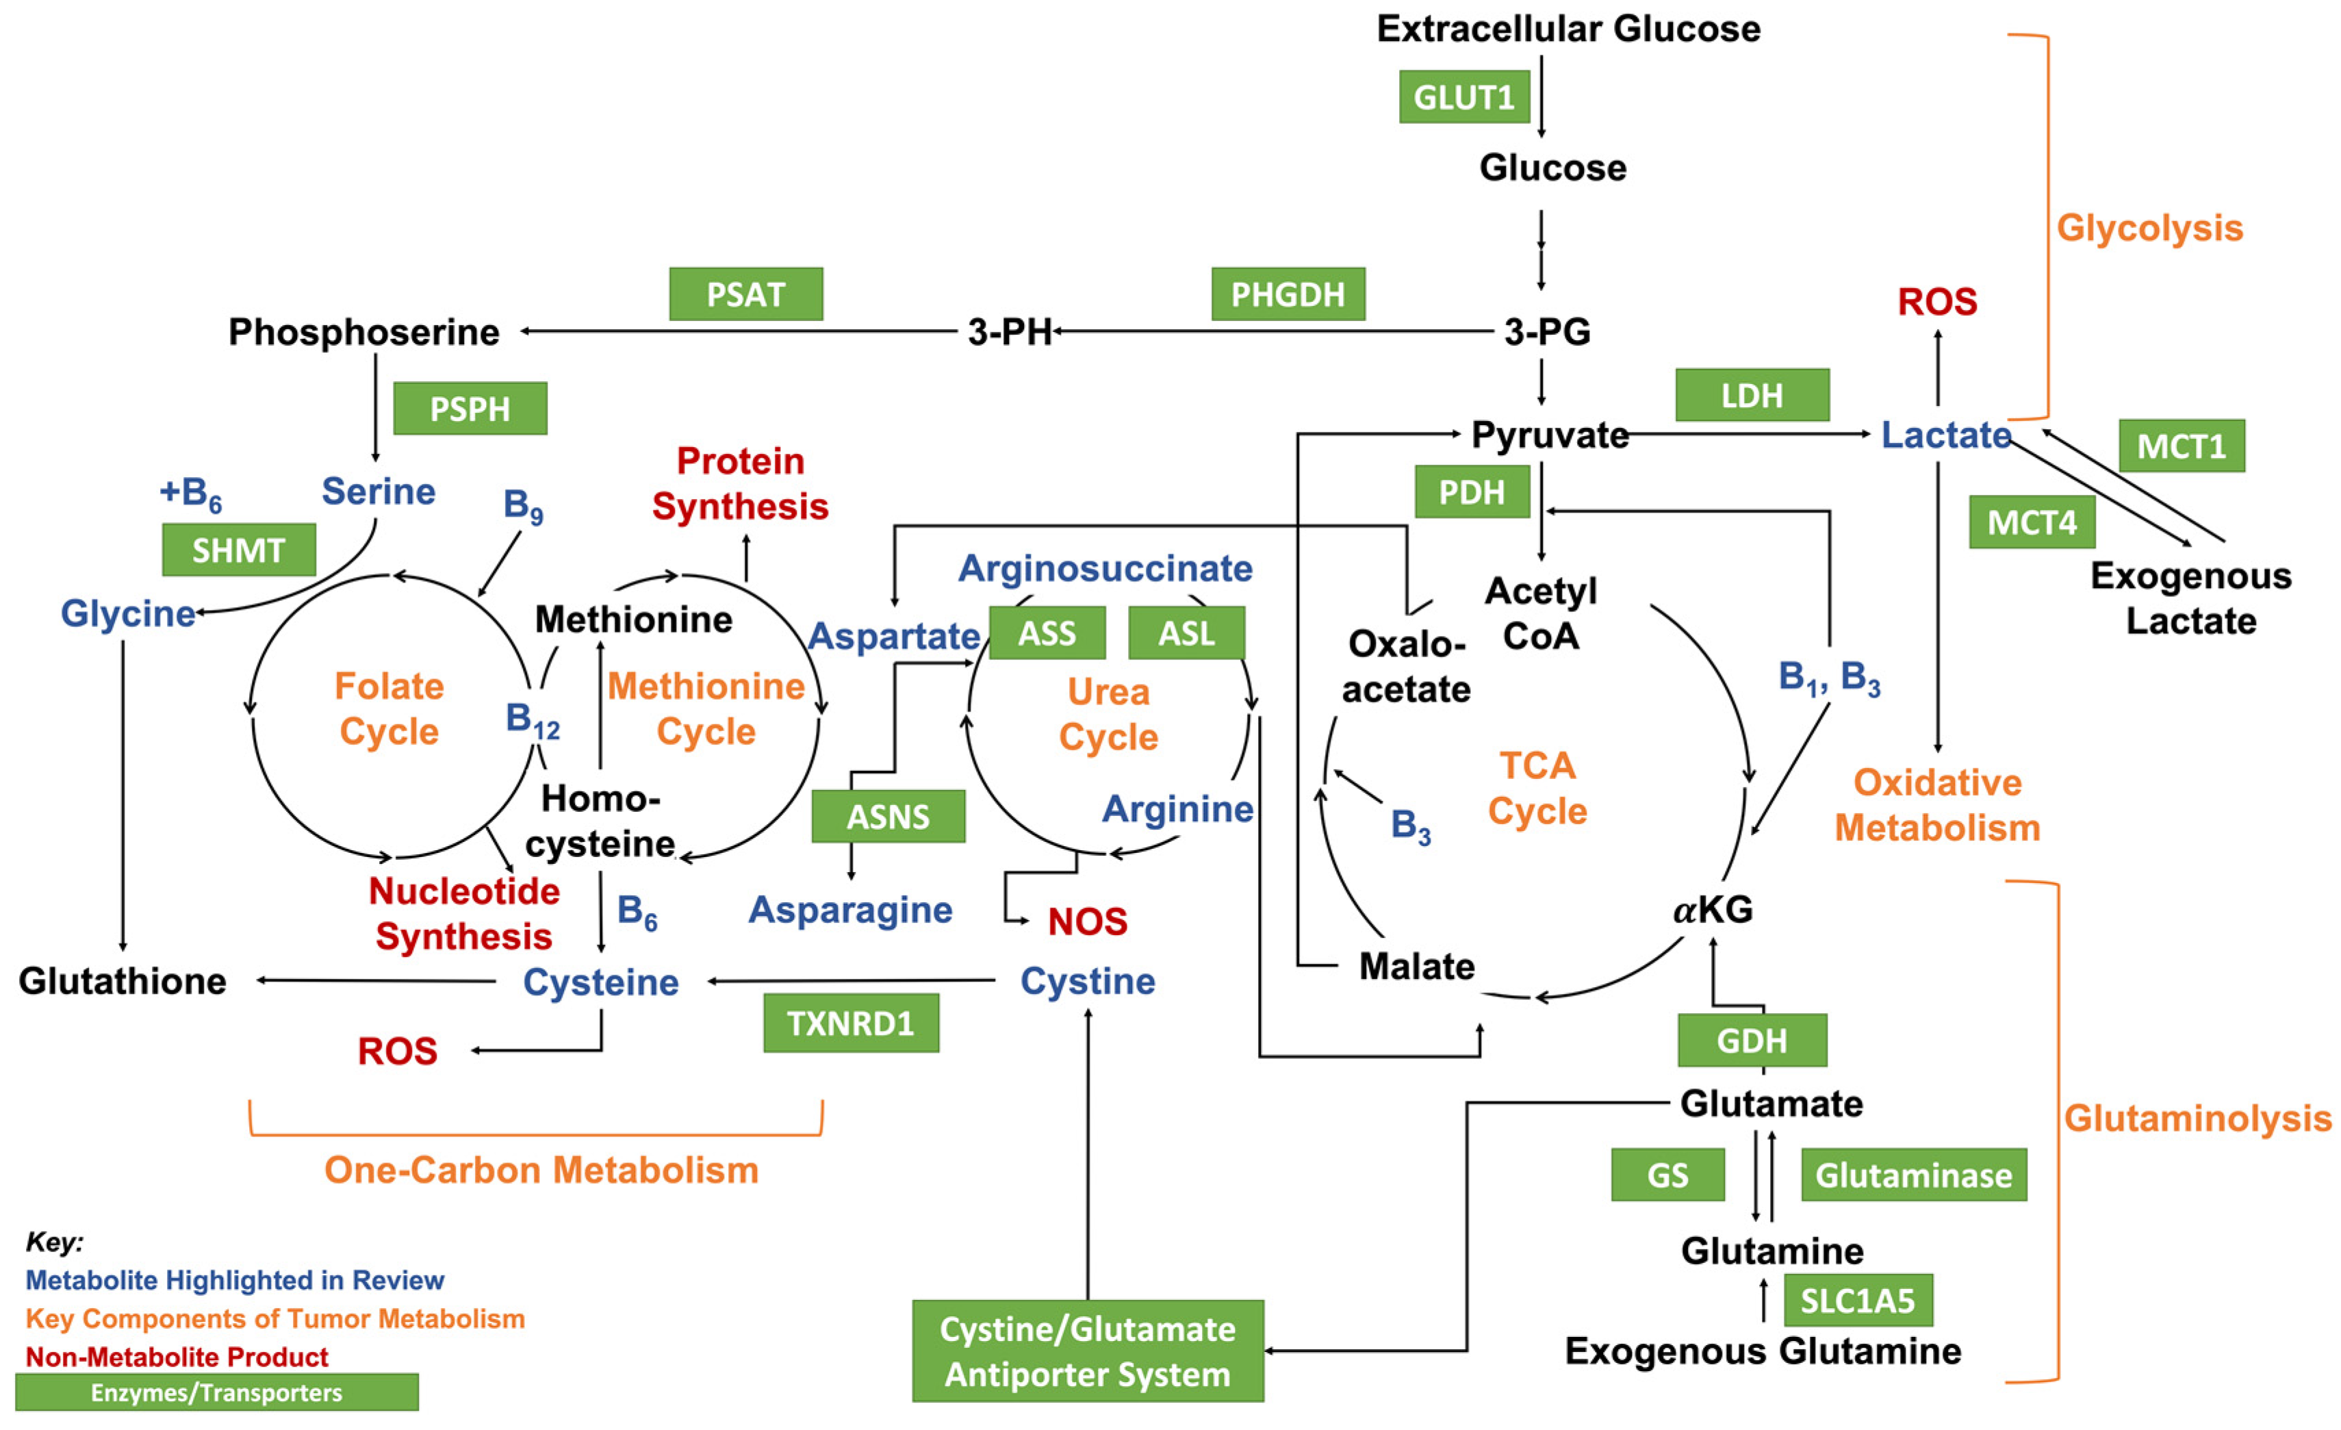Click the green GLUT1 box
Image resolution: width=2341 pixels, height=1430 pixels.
point(1464,97)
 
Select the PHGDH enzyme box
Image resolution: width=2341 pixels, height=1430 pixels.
point(1288,294)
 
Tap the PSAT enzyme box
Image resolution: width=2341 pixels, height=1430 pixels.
point(746,294)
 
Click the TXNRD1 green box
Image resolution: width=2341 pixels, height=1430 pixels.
point(852,1023)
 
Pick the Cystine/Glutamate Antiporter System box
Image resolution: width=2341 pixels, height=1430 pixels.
point(1088,1351)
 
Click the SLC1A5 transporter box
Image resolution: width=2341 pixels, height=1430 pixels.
point(1858,1300)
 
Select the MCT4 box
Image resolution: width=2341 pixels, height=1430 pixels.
point(2032,522)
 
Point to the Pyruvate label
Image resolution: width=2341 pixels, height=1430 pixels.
point(1550,435)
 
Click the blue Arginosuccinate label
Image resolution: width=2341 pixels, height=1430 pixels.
point(1105,568)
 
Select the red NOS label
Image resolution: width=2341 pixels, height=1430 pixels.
point(1087,921)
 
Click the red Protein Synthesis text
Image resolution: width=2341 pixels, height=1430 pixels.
point(740,484)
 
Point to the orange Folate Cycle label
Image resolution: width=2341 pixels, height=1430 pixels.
point(389,708)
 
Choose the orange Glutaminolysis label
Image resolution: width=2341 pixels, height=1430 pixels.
point(2197,1119)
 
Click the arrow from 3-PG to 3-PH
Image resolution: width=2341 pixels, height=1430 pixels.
point(1273,331)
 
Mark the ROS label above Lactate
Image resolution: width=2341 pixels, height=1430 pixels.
point(1937,302)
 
